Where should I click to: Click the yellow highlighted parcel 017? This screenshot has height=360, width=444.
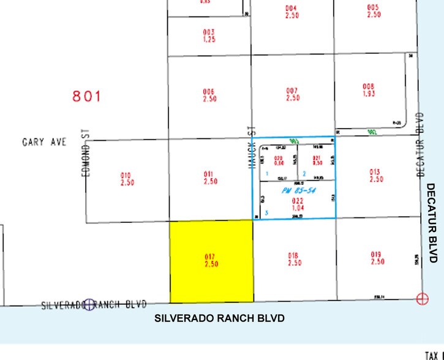pos(211,261)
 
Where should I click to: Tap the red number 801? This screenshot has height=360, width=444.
pos(86,96)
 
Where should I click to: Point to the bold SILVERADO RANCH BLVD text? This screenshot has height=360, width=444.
pos(219,318)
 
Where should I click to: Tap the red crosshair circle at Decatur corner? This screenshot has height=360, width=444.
pos(422,298)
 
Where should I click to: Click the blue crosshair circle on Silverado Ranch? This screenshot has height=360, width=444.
pos(91,304)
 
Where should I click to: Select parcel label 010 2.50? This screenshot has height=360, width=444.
pos(127,179)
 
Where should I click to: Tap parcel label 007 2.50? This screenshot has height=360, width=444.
pos(293,94)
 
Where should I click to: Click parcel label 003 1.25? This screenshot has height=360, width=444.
pos(209,36)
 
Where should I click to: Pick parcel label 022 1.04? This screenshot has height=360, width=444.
pos(297,203)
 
